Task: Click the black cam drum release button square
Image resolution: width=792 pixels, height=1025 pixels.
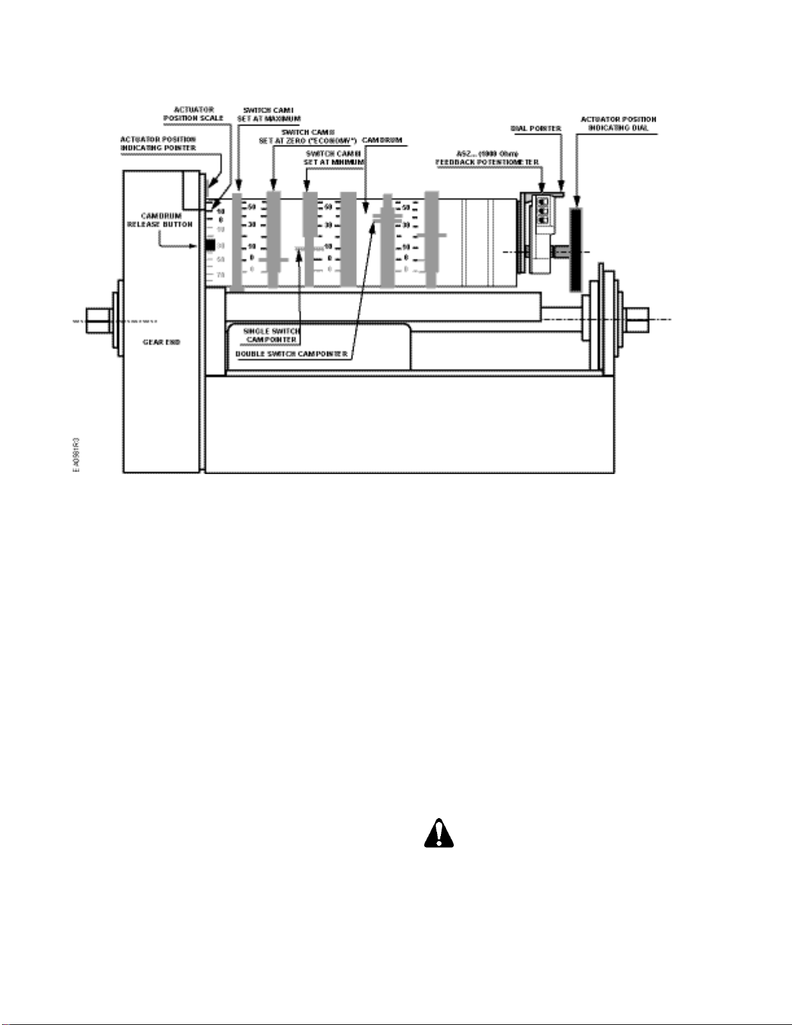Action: (x=210, y=245)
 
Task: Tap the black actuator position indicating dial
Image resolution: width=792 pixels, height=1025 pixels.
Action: (x=575, y=249)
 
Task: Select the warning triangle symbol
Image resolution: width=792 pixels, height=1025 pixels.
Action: (x=438, y=834)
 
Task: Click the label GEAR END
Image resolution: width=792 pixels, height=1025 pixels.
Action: (x=162, y=342)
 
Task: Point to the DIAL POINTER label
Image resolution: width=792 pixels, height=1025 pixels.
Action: (x=536, y=129)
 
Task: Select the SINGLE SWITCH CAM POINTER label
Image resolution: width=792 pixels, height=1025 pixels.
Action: (x=272, y=335)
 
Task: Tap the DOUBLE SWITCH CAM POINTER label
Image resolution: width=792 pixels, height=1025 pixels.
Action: (x=292, y=354)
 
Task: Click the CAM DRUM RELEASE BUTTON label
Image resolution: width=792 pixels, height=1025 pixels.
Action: (x=160, y=220)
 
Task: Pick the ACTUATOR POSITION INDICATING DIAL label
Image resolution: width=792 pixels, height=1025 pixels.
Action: (x=618, y=124)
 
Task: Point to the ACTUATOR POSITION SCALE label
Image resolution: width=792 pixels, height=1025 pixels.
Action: (x=193, y=114)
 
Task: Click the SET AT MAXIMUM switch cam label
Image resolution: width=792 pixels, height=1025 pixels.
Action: (x=268, y=114)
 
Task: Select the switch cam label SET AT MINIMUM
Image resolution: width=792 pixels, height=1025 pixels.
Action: (x=334, y=158)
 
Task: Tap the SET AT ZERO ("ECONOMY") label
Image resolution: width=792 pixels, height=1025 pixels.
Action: (x=308, y=136)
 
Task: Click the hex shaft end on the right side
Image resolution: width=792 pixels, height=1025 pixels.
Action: (x=637, y=319)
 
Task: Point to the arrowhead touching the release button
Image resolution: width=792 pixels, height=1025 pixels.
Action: (x=200, y=246)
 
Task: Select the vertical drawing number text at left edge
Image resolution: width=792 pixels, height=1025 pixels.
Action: (x=76, y=455)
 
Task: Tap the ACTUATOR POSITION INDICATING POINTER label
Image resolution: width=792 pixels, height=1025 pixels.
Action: (x=158, y=144)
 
